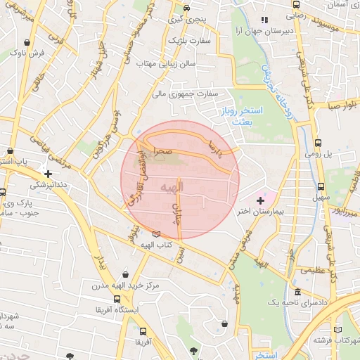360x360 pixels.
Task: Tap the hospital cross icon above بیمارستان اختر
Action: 260,201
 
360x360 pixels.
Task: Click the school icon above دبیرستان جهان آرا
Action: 264,20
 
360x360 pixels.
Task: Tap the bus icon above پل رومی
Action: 318,142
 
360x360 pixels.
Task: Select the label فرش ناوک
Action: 31,53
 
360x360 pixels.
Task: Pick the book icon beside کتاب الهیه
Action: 155,233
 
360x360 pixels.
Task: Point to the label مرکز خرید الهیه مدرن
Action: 124,285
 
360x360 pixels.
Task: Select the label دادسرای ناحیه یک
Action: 297,302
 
